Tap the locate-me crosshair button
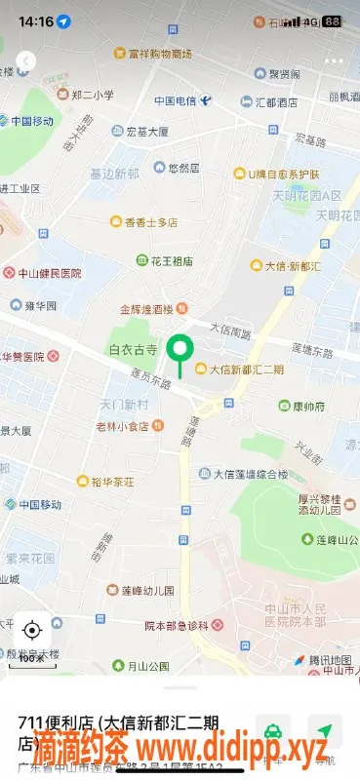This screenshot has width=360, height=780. tap(31, 629)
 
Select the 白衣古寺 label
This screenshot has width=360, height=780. tap(132, 348)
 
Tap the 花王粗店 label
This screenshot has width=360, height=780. tap(171, 261)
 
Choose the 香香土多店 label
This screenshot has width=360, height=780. tap(150, 222)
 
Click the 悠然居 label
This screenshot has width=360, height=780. tap(183, 168)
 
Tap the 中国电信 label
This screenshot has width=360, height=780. tap(175, 101)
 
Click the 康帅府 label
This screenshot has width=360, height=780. tap(308, 406)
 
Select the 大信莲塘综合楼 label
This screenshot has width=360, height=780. tap(250, 474)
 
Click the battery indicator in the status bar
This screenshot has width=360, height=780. tap(333, 20)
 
